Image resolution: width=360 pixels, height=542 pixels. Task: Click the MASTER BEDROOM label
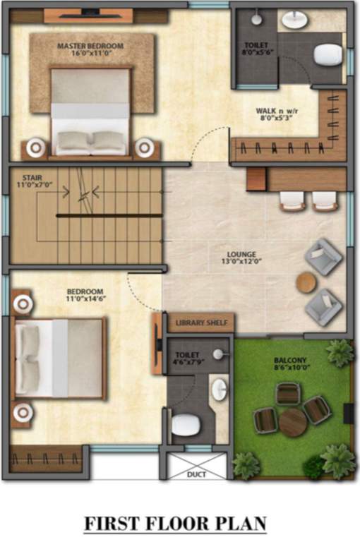[x=90, y=46]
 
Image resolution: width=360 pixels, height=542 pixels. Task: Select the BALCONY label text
[x=289, y=359]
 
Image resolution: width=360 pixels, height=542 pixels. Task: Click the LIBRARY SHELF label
[x=201, y=323]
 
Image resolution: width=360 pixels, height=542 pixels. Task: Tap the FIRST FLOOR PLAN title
[x=176, y=524]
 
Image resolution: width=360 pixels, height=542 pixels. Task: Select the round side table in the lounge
[x=306, y=282]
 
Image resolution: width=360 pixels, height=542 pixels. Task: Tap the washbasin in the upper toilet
[x=295, y=20]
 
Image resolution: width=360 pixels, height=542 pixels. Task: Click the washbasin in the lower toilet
[x=219, y=387]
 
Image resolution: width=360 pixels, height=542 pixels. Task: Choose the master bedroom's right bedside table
[x=145, y=147]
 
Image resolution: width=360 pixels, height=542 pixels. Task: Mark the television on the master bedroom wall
[x=90, y=13]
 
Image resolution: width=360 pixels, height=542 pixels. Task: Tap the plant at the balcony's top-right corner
[x=340, y=352]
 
